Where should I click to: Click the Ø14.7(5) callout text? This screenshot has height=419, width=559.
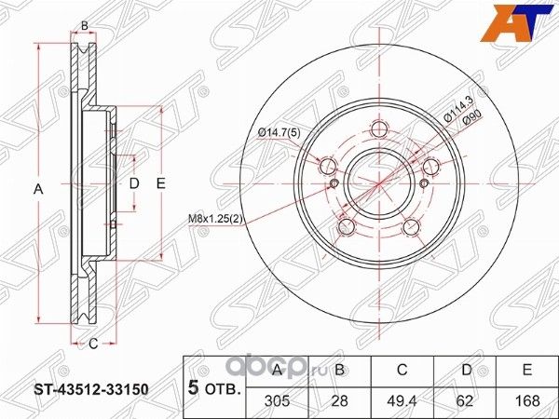pyautogui.click(x=279, y=133)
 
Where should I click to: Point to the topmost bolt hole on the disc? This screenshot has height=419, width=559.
pyautogui.click(x=378, y=129)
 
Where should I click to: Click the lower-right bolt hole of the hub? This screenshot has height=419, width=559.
pyautogui.click(x=411, y=227)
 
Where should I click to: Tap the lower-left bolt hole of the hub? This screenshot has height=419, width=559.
pyautogui.click(x=346, y=227)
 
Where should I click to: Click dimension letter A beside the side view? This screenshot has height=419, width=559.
pyautogui.click(x=38, y=190)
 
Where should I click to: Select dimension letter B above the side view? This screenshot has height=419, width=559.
pyautogui.click(x=85, y=25)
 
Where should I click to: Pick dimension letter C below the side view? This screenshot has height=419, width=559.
pyautogui.click(x=93, y=344)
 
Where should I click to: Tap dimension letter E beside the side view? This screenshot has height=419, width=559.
pyautogui.click(x=160, y=184)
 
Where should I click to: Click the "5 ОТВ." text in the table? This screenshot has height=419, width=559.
pyautogui.click(x=213, y=384)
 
